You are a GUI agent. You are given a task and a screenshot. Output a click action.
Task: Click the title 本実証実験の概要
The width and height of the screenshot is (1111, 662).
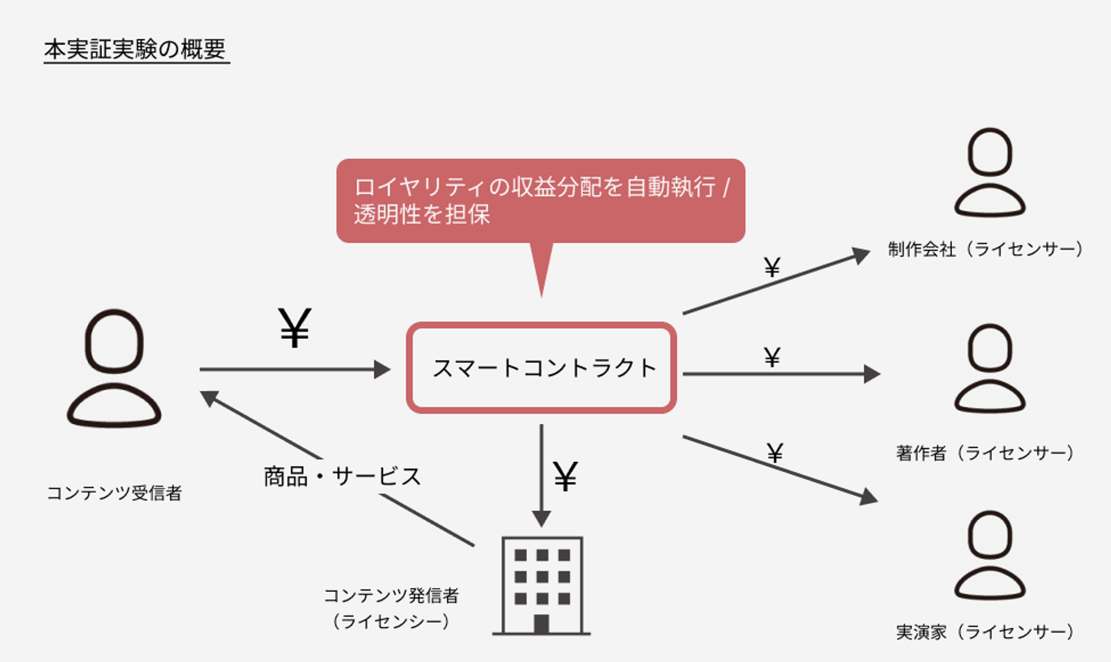[136, 50]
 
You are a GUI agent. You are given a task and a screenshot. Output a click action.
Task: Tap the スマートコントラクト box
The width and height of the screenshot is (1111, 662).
[541, 368]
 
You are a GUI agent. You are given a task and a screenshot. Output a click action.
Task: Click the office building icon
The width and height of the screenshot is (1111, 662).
[541, 585]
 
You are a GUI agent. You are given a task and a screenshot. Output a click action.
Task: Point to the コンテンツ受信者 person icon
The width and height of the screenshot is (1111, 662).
[114, 368]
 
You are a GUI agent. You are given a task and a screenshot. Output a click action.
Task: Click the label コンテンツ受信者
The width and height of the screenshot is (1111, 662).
[114, 493]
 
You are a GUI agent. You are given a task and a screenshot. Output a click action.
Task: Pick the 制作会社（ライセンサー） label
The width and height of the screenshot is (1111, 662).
[985, 249]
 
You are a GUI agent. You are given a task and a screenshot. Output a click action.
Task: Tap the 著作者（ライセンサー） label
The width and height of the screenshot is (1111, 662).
[985, 453]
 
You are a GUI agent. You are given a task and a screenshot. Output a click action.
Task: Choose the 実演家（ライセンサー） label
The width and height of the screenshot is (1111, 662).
[985, 632]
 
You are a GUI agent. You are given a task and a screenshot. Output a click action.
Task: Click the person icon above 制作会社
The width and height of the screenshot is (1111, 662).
[990, 172]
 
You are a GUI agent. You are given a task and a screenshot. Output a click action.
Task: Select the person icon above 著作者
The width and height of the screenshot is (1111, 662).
[990, 368]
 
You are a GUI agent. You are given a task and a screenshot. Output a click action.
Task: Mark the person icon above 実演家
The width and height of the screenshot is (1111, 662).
[990, 555]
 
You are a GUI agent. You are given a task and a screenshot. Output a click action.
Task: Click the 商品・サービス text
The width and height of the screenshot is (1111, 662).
[342, 476]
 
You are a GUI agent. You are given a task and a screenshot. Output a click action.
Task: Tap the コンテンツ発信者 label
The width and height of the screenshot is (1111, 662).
[391, 596]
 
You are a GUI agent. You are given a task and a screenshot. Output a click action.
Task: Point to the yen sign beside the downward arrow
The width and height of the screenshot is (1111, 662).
[566, 476]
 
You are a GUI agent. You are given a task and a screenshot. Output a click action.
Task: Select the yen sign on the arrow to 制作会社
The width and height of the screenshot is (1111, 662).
[772, 267]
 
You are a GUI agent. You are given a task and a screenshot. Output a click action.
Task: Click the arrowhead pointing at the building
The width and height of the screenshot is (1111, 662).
[541, 518]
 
